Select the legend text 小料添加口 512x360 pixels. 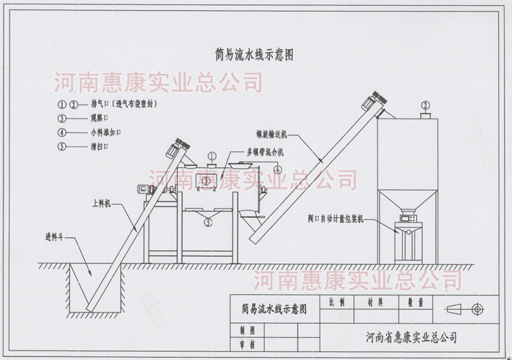[105, 132]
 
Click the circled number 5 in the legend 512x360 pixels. [61, 147]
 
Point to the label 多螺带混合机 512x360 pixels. [250, 151]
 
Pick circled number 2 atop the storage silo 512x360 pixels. [424, 105]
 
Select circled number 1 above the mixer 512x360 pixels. [211, 156]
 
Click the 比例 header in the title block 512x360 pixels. [338, 300]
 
